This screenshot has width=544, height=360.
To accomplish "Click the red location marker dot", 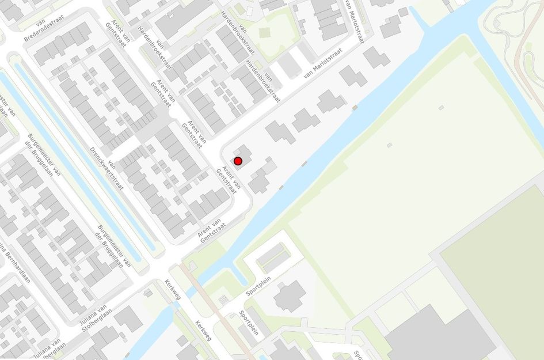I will click(238, 161).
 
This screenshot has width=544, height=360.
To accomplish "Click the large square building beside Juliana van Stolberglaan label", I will click(128, 319).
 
